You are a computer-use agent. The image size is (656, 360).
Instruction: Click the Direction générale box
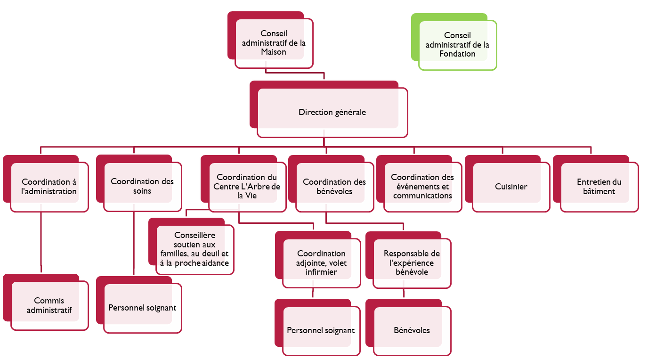point(332,113)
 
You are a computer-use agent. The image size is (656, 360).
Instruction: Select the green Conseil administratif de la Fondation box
point(457,45)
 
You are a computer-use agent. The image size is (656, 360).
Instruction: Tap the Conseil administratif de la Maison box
point(274,43)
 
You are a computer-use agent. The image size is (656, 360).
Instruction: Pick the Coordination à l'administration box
point(49,187)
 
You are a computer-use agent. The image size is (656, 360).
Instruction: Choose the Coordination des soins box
point(142,186)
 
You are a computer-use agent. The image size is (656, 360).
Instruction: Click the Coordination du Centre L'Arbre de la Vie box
point(247,186)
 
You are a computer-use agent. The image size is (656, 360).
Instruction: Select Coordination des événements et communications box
point(422,187)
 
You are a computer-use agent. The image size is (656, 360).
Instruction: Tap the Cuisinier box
point(511,187)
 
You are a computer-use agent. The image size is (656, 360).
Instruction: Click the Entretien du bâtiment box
point(599,187)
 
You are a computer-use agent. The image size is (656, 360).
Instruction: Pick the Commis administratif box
point(49,305)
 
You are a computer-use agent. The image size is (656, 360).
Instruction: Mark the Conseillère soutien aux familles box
point(194,249)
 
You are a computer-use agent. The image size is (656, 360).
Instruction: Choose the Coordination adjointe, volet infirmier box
point(321,263)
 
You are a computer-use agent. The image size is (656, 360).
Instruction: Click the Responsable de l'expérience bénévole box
point(412,263)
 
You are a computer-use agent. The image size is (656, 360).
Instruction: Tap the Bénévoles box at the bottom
point(412,330)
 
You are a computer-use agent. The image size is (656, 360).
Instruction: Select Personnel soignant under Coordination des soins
point(142,308)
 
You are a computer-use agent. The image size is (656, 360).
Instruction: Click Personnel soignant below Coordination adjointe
point(321,330)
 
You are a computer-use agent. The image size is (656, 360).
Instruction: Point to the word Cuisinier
point(511,187)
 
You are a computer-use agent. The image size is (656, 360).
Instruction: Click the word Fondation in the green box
point(457,54)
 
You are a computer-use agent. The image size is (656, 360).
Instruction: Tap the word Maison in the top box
point(274,52)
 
